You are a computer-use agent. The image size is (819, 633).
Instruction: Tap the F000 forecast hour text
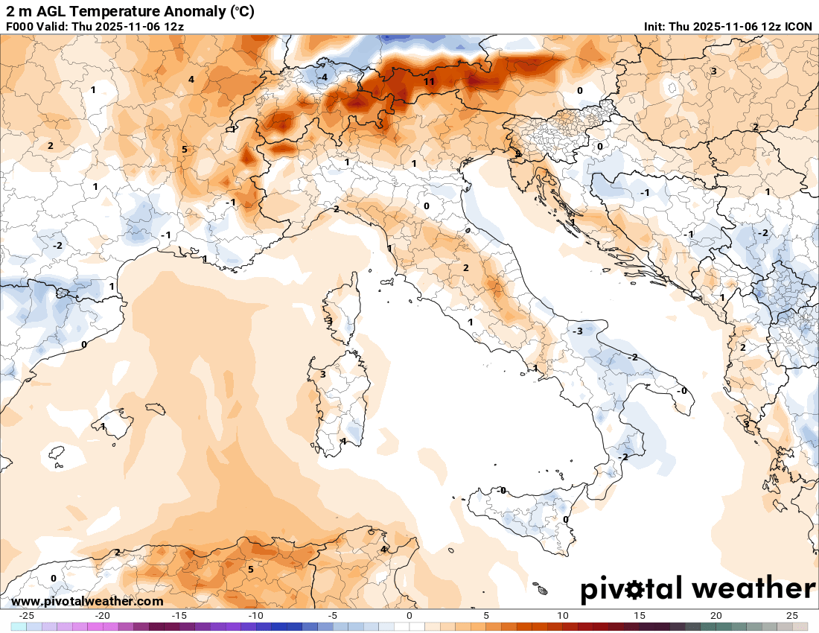[x=20, y=26]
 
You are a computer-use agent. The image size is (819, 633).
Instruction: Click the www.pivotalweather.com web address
[x=88, y=601]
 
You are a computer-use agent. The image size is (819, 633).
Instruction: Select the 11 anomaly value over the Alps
[x=429, y=81]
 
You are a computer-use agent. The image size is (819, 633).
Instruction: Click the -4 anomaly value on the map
[x=322, y=77]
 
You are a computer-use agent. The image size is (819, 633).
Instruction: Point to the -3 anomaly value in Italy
[x=577, y=330]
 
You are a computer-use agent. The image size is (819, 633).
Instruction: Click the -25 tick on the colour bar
[x=28, y=616]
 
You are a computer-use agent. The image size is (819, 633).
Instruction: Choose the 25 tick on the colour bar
[x=792, y=616]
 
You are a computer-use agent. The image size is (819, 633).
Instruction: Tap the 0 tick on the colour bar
[x=409, y=616]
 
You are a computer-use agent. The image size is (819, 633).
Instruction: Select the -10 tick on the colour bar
[x=256, y=616]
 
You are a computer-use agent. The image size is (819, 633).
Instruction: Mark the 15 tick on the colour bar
[x=639, y=616]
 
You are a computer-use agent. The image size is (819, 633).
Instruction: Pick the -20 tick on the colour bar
[x=103, y=616]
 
